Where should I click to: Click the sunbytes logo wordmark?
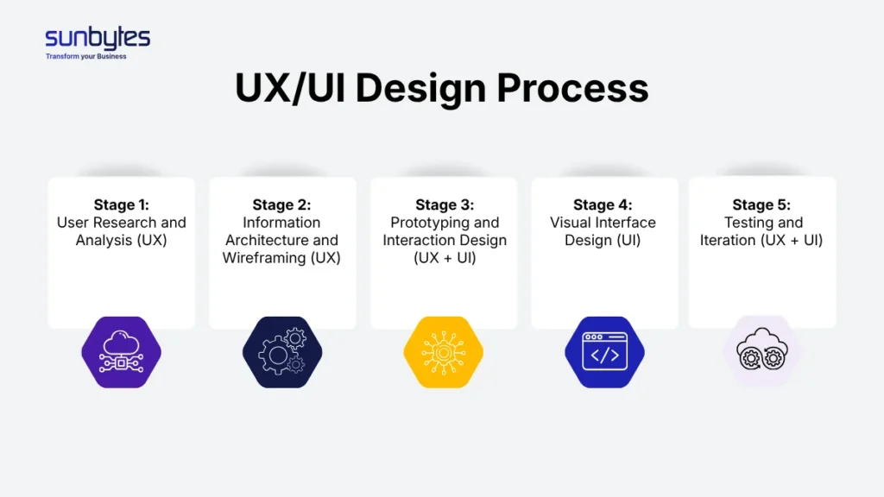coord(98,39)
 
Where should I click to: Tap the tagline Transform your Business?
coord(85,57)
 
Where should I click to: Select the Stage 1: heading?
coord(121,204)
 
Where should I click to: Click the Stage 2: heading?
coord(281,204)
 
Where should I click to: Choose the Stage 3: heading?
coord(445,204)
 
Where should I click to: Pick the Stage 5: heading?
coord(761,204)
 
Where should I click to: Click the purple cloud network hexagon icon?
coord(121,352)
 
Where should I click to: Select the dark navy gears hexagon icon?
coord(281,352)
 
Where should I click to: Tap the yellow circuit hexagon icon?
coord(443,352)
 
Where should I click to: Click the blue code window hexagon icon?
coord(604,352)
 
